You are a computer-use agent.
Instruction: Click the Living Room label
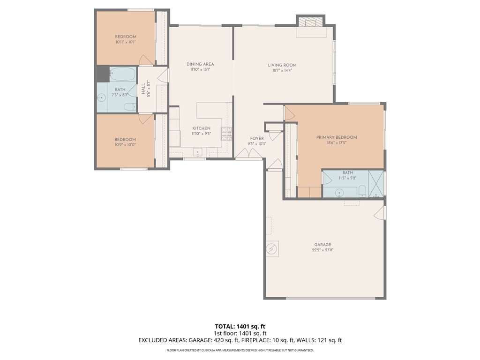[282, 65]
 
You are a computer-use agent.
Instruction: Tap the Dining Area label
[200, 64]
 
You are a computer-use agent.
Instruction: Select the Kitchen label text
[201, 128]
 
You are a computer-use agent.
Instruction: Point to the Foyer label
[257, 138]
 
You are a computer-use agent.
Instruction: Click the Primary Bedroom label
[337, 137]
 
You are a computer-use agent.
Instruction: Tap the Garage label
[322, 245]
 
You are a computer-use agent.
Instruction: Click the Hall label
[143, 89]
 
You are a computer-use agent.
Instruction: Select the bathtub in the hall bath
[122, 74]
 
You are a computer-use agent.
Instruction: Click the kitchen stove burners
[226, 134]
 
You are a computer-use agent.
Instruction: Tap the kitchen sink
[198, 151]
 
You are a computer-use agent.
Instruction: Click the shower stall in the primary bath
[376, 184]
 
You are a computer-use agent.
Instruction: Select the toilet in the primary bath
[362, 191]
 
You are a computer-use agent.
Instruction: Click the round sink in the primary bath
[339, 193]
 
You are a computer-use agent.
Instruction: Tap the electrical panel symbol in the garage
[272, 249]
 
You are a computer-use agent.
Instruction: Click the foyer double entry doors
[248, 153]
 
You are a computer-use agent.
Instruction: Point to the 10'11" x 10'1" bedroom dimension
[126, 42]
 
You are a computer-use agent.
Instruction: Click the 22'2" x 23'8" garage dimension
[322, 250]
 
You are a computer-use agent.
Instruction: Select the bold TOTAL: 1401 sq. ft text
[240, 326]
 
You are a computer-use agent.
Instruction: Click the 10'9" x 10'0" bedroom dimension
[125, 145]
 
